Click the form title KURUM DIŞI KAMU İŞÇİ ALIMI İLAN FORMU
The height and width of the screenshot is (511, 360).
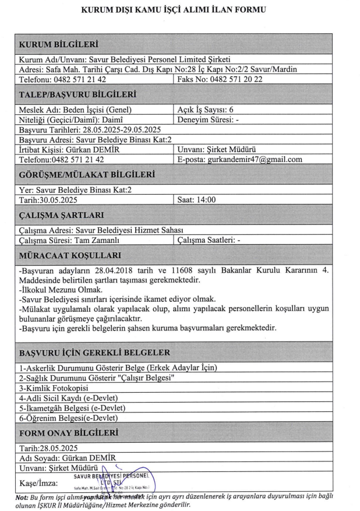coord(179,10)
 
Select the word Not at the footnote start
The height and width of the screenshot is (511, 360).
coord(10,495)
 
